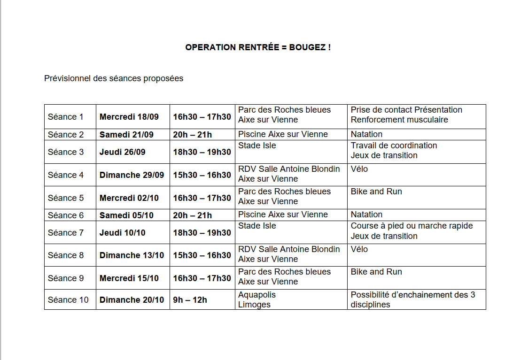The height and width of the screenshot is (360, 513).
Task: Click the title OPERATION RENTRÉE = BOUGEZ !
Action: [257, 47]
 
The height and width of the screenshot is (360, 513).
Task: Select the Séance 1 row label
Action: [65, 117]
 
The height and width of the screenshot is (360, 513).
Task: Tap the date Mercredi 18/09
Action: [129, 117]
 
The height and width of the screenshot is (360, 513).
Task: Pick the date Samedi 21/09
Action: [126, 135]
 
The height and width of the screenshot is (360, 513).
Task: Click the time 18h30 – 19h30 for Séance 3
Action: [202, 152]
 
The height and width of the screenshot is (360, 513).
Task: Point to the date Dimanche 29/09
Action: [132, 175]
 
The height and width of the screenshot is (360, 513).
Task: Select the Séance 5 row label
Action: [65, 198]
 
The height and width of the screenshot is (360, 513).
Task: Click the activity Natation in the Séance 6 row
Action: [366, 214]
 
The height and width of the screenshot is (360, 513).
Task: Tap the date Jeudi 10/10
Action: [122, 233]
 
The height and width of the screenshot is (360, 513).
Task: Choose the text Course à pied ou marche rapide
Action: [412, 226]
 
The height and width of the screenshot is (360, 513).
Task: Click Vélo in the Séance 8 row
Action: [359, 249]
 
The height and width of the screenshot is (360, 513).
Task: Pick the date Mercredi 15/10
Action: [129, 278]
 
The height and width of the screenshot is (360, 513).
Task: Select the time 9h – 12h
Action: [190, 300]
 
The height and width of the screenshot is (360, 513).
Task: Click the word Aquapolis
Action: [257, 295]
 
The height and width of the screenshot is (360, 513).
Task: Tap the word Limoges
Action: [254, 305]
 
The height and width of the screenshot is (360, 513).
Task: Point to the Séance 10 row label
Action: [68, 300]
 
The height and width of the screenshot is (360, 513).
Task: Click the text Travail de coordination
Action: [394, 146]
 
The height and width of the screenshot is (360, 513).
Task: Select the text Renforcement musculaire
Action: [399, 120]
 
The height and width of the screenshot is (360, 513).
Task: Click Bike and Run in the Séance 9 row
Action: [376, 272]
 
